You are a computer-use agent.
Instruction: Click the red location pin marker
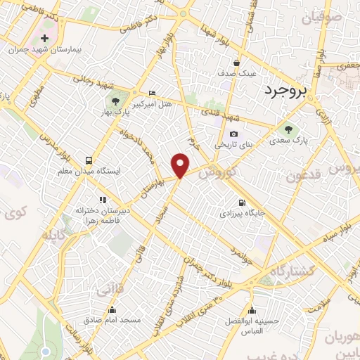(x=181, y=165)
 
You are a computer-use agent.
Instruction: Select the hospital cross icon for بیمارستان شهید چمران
(x=46, y=38)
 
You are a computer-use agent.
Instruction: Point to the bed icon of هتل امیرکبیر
(x=152, y=94)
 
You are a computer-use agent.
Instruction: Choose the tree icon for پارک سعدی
(x=288, y=129)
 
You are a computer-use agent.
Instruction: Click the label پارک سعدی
(x=288, y=141)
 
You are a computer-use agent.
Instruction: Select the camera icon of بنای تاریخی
(x=233, y=134)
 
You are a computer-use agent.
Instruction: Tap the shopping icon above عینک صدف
(x=237, y=61)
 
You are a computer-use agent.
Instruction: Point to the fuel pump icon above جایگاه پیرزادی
(x=242, y=200)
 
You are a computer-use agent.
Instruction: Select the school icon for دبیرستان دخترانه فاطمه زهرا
(x=103, y=200)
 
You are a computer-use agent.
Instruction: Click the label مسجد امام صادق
(x=112, y=320)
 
